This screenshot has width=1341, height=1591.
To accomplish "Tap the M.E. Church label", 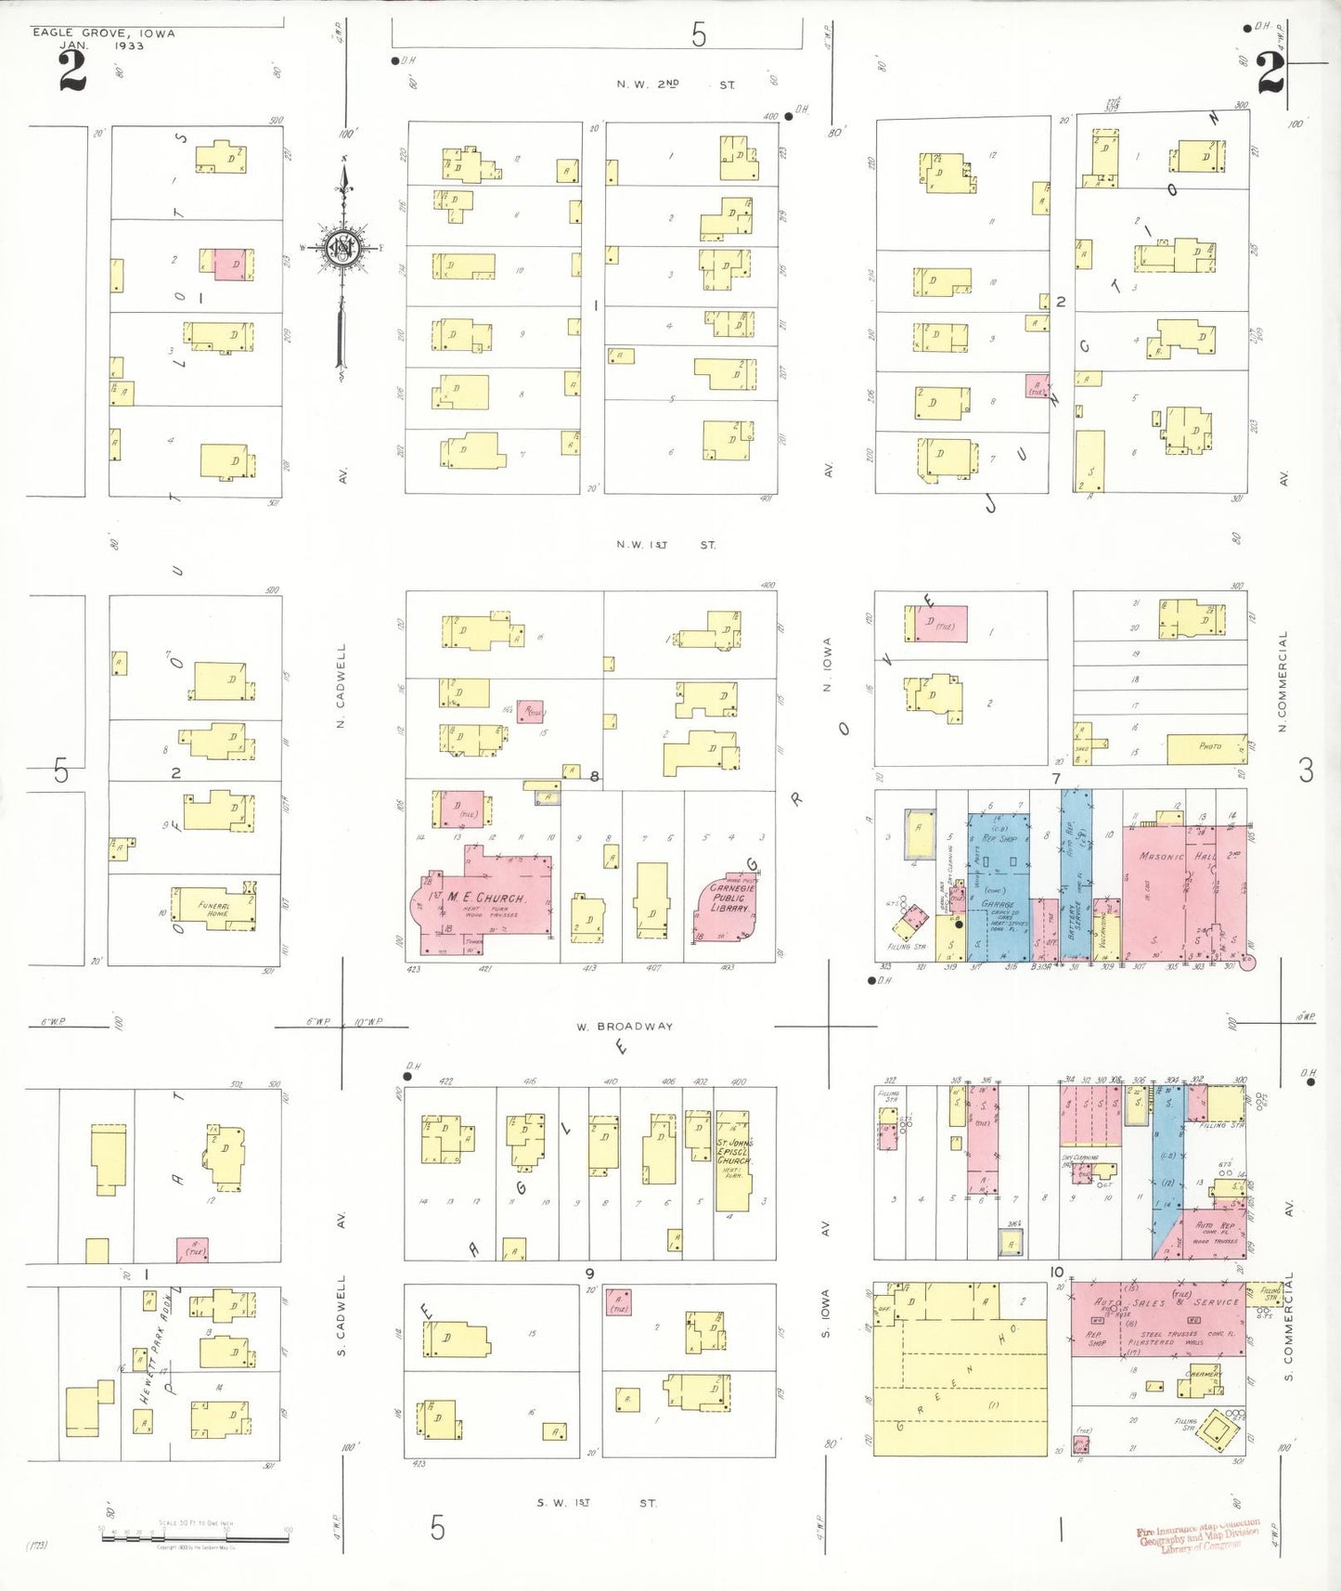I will pyautogui.click(x=485, y=898).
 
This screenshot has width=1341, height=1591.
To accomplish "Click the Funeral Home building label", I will pyautogui.click(x=214, y=909).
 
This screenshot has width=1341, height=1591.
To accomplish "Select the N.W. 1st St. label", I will pyautogui.click(x=665, y=545).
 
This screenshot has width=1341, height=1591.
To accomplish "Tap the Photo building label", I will pyautogui.click(x=1209, y=746).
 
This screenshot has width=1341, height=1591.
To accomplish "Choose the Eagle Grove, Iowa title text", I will pyautogui.click(x=103, y=33).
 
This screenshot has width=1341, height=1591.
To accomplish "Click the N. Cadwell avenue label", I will pyautogui.click(x=341, y=686).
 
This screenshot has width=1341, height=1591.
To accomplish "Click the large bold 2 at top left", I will pyautogui.click(x=71, y=71).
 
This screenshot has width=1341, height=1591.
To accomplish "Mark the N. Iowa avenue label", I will pyautogui.click(x=827, y=665).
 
